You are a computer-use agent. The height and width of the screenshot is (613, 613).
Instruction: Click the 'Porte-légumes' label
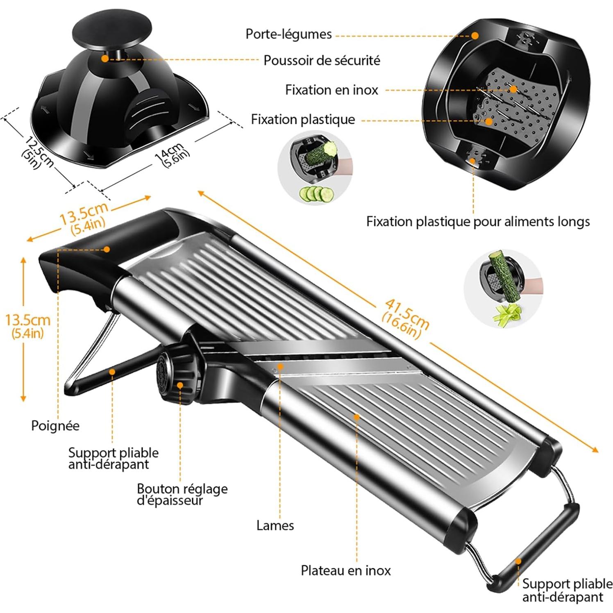(x=288, y=34)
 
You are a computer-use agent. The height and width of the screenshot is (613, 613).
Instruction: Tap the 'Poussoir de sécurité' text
(x=322, y=61)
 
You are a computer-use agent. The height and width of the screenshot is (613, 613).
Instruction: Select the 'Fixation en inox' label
(x=331, y=90)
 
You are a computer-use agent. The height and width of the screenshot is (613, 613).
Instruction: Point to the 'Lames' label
(x=275, y=525)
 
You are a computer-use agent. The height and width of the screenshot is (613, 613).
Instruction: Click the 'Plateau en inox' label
(x=345, y=570)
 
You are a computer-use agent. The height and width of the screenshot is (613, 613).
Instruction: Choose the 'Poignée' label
(x=55, y=426)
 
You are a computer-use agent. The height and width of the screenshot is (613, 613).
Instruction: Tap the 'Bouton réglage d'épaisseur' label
(x=182, y=495)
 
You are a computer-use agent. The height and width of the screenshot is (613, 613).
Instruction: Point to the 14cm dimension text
(x=173, y=155)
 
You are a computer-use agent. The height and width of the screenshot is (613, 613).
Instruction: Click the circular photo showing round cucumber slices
(x=315, y=168)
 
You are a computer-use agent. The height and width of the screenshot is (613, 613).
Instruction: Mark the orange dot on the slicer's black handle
(x=107, y=249)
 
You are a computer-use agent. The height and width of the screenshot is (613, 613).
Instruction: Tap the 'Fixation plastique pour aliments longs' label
(x=478, y=222)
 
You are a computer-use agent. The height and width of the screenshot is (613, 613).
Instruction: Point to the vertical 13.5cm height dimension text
(x=27, y=325)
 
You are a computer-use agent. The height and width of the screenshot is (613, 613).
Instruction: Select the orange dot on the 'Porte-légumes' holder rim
(x=475, y=36)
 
